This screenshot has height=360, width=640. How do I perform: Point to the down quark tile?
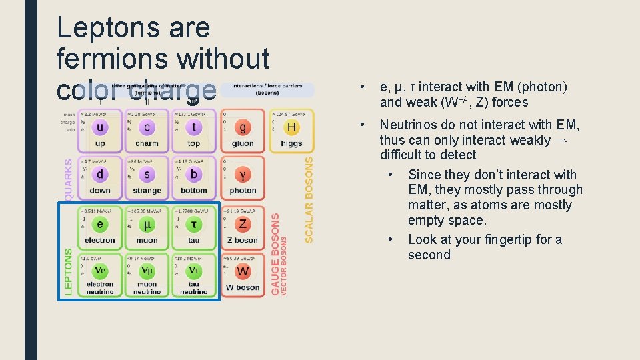(100, 177)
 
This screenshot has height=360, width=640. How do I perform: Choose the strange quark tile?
(147, 177)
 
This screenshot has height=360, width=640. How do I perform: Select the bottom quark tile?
(193, 177)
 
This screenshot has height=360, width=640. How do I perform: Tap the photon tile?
(243, 177)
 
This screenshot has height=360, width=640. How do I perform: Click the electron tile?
(100, 227)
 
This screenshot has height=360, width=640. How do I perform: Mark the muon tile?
(147, 227)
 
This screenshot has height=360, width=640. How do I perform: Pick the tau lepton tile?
(193, 227)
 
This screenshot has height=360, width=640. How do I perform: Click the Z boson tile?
(243, 227)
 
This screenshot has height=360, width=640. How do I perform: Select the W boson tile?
(243, 274)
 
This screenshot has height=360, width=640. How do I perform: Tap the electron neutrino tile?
(100, 274)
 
